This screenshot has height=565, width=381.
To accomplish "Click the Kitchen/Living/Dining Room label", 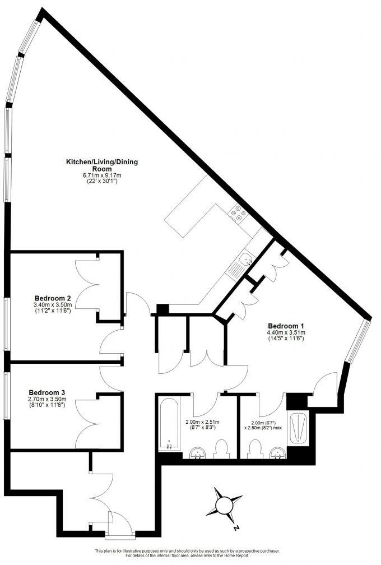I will (x=102, y=165).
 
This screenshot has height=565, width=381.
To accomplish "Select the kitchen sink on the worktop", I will (x=245, y=259).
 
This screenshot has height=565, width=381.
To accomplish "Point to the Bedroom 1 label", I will (x=286, y=326).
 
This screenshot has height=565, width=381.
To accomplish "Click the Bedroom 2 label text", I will (x=52, y=298).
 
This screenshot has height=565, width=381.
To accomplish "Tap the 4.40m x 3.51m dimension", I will (x=286, y=333).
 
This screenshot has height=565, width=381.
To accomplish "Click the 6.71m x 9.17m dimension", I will (x=102, y=175).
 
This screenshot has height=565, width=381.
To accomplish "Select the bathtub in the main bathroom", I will (x=169, y=424).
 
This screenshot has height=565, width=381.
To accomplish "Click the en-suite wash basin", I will (x=276, y=453).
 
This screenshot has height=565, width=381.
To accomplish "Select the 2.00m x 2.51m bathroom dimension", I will (x=203, y=422).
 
